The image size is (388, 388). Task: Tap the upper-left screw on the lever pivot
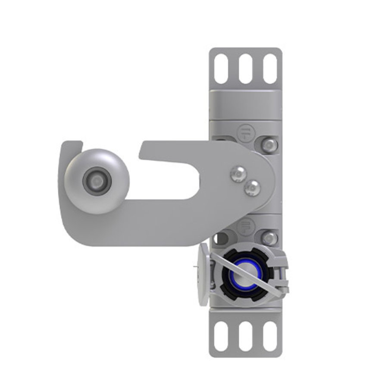pyautogui.click(x=237, y=173)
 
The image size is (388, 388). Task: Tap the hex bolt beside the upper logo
pyautogui.click(x=269, y=144)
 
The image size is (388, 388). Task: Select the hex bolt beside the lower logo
pyautogui.click(x=269, y=238)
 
